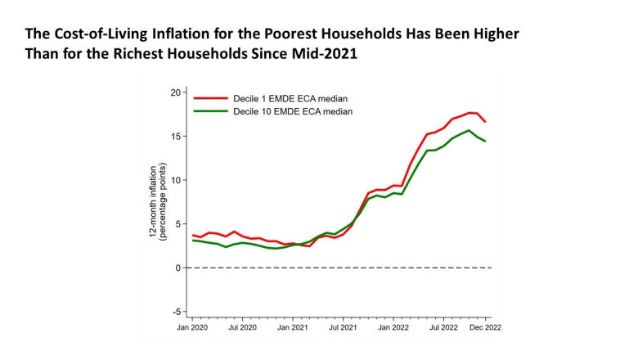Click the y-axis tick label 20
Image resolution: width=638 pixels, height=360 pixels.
click(174, 92)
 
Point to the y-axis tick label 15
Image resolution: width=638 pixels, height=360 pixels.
click(174, 136)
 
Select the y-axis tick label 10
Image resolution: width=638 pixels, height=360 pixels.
click(174, 180)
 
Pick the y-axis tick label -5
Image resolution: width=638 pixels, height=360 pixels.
click(175, 312)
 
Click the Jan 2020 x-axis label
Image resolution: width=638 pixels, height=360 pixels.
click(192, 327)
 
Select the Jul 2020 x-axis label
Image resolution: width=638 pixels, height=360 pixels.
click(242, 327)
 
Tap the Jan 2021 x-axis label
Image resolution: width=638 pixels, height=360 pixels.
click(292, 327)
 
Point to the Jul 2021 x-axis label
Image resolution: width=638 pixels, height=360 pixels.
click(343, 327)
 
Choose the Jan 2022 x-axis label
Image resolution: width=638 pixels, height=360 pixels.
click(393, 327)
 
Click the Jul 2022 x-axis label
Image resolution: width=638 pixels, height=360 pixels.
click(443, 327)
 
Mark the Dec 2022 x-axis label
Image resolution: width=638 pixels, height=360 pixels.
click(485, 327)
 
